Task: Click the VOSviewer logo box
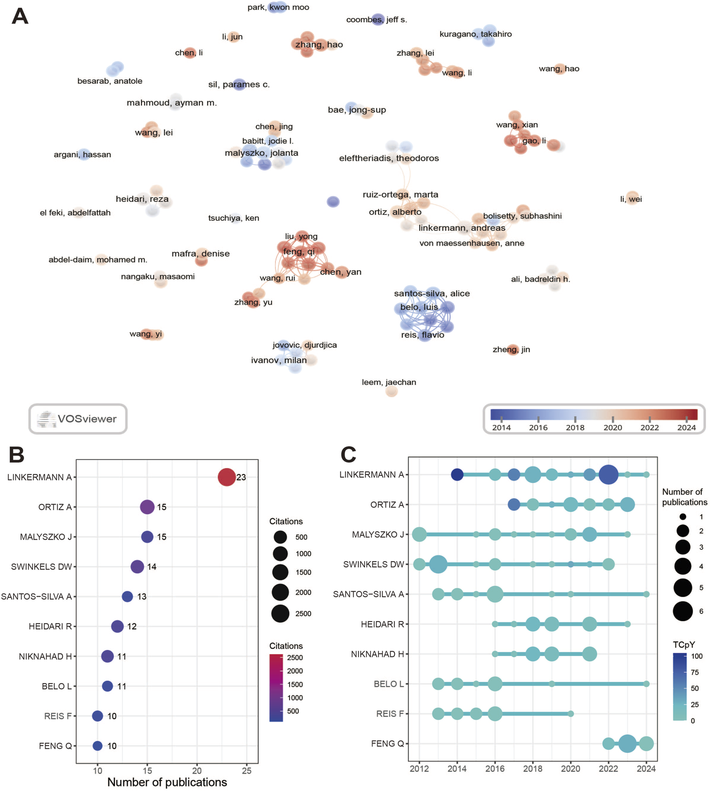[x=78, y=418]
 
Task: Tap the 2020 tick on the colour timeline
[x=612, y=427]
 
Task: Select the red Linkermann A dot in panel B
[x=226, y=477]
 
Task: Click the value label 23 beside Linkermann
[x=241, y=477]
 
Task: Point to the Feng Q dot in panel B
[x=98, y=746]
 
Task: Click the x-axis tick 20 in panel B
[x=197, y=771]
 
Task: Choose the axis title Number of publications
[x=167, y=782]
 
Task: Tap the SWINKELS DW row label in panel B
[x=41, y=566]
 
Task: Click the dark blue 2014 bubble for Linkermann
[x=457, y=475]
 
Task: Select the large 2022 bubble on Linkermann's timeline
[x=608, y=475]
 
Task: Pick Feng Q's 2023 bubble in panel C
[x=627, y=744]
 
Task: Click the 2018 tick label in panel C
[x=532, y=769]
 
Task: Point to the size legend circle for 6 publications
[x=683, y=611]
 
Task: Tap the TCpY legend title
[x=684, y=645]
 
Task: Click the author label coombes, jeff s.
[x=376, y=20]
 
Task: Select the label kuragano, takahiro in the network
[x=475, y=34]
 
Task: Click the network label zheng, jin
[x=511, y=349]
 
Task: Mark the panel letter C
[x=348, y=455]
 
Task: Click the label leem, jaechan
[x=389, y=382]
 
